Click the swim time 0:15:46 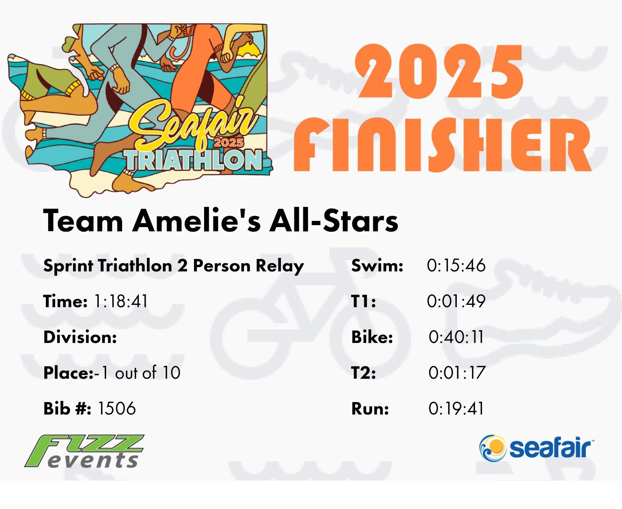(x=456, y=265)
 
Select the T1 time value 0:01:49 (x=456, y=301)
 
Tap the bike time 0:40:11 (x=456, y=337)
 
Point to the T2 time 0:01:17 (x=456, y=373)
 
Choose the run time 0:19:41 (x=456, y=409)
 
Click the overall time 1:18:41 (x=121, y=301)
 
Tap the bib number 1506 (x=117, y=409)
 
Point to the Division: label (x=80, y=337)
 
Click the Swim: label (x=377, y=265)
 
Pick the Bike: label (x=372, y=337)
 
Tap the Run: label (x=370, y=409)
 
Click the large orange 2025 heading (x=439, y=72)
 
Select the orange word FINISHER (x=443, y=145)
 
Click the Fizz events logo (x=84, y=451)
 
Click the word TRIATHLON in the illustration (x=193, y=160)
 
